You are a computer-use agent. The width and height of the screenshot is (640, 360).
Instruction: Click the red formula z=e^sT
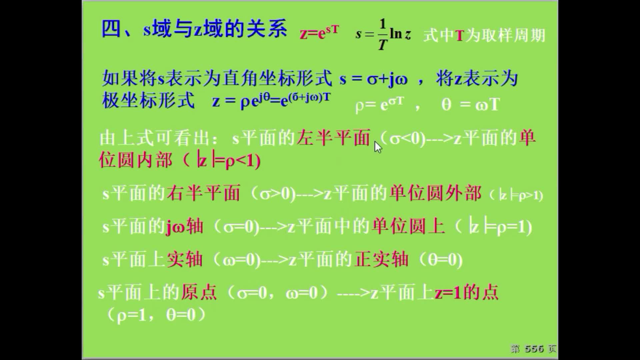click(x=319, y=33)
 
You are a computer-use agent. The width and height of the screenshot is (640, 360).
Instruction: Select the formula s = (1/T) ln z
click(x=383, y=34)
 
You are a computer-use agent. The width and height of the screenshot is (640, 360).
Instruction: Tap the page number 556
click(x=534, y=349)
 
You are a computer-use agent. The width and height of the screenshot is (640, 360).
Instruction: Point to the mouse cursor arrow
click(x=378, y=147)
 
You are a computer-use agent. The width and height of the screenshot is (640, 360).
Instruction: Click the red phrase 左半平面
click(x=334, y=138)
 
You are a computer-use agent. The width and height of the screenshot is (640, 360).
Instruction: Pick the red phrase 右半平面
click(x=203, y=193)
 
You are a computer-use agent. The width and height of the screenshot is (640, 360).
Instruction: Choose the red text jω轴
click(x=184, y=226)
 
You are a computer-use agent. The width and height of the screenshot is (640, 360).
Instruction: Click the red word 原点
click(x=199, y=292)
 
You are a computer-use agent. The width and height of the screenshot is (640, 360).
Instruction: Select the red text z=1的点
click(x=466, y=292)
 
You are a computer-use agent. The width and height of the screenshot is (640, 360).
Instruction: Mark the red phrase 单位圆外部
click(x=435, y=193)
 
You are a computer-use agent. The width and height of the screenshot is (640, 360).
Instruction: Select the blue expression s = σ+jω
click(x=373, y=79)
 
